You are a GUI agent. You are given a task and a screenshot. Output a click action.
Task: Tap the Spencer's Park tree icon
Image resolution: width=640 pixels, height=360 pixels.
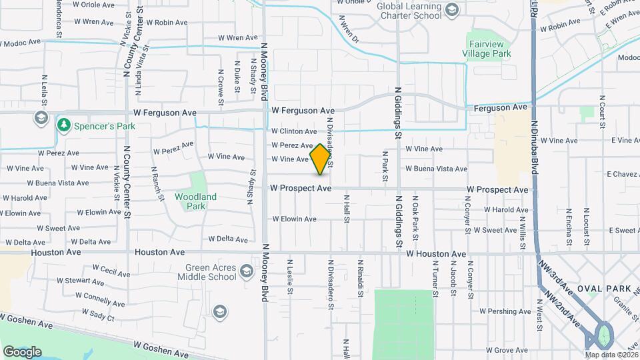pyautogui.click(x=64, y=125)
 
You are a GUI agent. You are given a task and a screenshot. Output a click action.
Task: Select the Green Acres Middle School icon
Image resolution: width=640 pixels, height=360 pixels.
pyautogui.click(x=247, y=271)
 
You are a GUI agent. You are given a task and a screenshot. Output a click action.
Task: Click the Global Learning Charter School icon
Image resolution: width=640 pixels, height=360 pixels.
pyautogui.click(x=453, y=9)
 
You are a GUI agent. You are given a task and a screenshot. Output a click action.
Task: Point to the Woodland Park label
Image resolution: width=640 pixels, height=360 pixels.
pyautogui.click(x=195, y=201)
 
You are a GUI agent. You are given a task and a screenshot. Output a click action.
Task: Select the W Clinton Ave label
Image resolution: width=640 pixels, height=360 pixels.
pyautogui.click(x=294, y=132)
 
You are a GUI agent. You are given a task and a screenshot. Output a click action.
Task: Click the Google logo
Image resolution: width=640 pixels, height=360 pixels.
pyautogui.click(x=23, y=351)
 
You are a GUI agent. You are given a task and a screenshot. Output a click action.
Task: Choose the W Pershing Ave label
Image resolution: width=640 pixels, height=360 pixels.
pyautogui.click(x=504, y=311)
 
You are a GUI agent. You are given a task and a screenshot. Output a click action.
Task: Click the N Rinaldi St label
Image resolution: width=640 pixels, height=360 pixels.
pyautogui.click(x=360, y=275)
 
